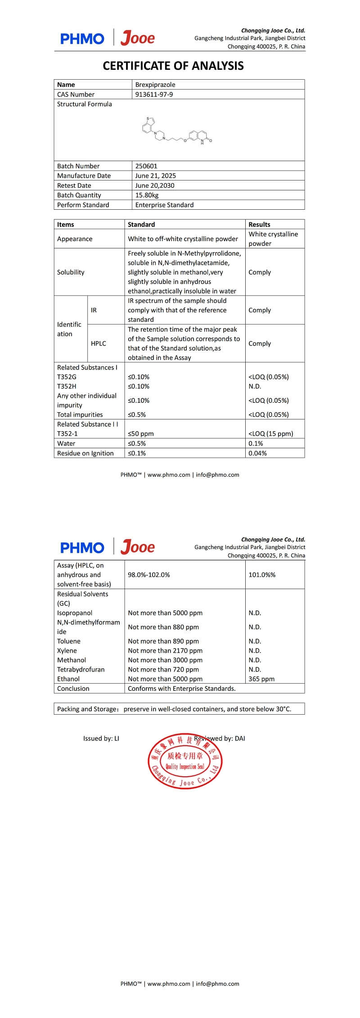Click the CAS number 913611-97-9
pyautogui.click(x=154, y=95)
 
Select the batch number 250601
pyautogui.click(x=146, y=166)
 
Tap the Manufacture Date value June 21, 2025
pyautogui.click(x=155, y=176)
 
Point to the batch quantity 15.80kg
pyautogui.click(x=147, y=195)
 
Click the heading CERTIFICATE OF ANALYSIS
pyautogui.click(x=173, y=66)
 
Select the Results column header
pyautogui.click(x=259, y=225)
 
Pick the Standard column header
pyautogui.click(x=141, y=225)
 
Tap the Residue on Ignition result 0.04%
pyautogui.click(x=257, y=453)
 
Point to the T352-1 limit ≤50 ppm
pyautogui.click(x=140, y=434)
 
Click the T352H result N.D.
pyautogui.click(x=255, y=387)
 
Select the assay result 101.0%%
pyautogui.click(x=262, y=575)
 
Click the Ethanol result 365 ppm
pyautogui.click(x=261, y=679)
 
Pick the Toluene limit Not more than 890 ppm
pyautogui.click(x=163, y=641)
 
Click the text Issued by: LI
pyautogui.click(x=101, y=739)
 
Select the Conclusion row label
pyautogui.click(x=73, y=689)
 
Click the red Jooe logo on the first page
pyautogui.click(x=137, y=39)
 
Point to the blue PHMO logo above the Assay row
pyautogui.click(x=82, y=548)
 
